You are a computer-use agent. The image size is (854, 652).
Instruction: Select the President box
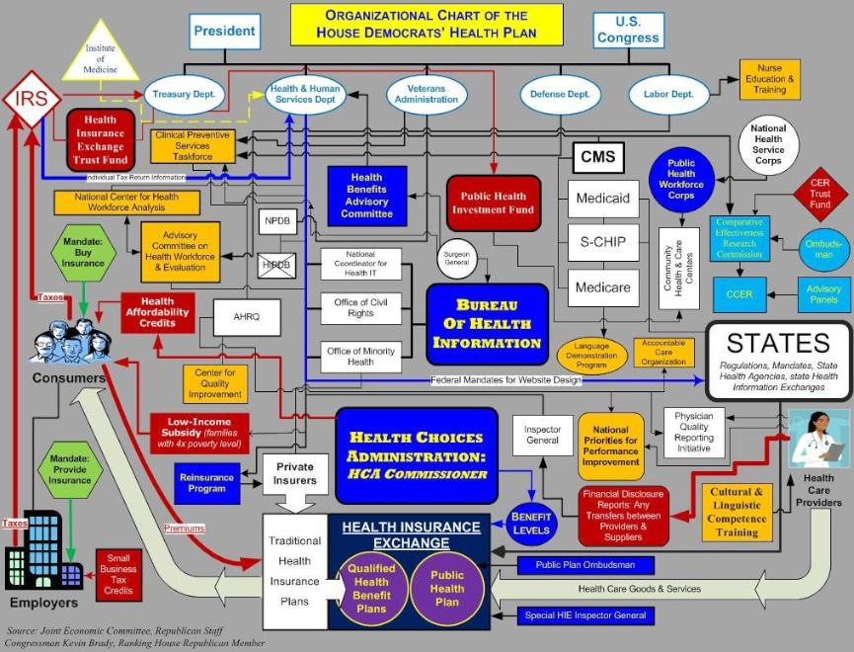point(224,31)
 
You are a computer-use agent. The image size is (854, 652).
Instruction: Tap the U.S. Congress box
point(627,30)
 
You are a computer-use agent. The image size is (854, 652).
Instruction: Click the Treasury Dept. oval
point(187,95)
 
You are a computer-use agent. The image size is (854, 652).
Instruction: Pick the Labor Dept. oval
point(669,95)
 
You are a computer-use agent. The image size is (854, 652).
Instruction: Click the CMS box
point(597,157)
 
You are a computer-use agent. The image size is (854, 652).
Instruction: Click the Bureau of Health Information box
point(487,323)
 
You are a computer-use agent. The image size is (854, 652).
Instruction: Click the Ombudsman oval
point(822,249)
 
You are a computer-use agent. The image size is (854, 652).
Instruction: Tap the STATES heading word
point(778,343)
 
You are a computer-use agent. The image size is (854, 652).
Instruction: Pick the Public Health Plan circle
point(447,589)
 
